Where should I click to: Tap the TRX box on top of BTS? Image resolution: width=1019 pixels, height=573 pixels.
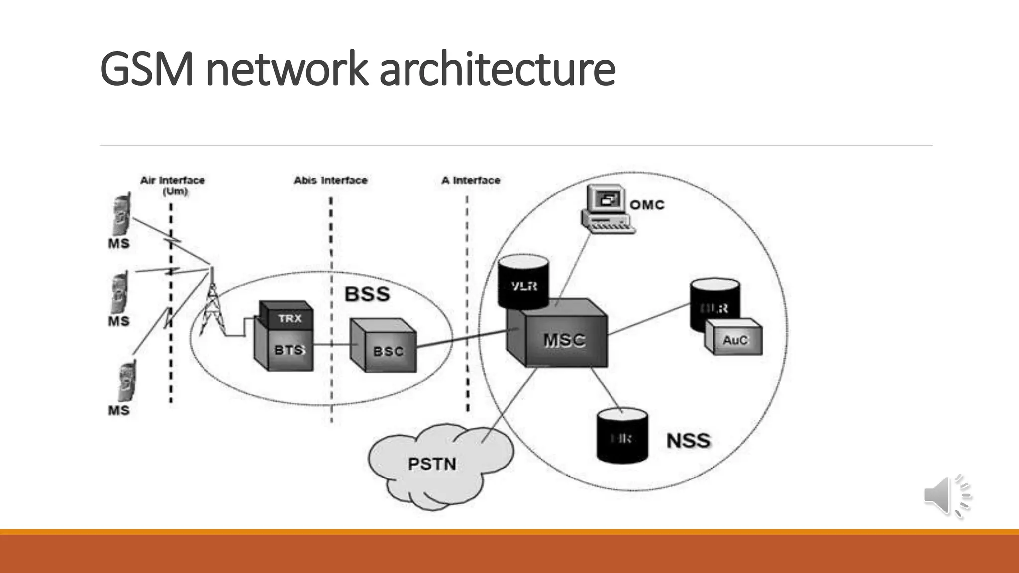(x=288, y=317)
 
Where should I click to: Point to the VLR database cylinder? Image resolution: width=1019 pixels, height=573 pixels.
(x=523, y=282)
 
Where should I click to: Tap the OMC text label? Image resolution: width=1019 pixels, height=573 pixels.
(x=647, y=205)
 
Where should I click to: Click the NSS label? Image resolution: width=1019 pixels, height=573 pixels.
(x=688, y=441)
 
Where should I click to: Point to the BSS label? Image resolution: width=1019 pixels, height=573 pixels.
(x=367, y=294)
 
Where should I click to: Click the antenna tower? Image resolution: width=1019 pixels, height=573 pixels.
(x=212, y=303)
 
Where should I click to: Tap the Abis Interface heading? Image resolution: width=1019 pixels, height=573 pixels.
(x=330, y=180)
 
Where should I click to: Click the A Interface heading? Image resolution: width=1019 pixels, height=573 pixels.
(x=471, y=180)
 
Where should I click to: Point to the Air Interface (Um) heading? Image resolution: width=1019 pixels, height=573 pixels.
(x=173, y=185)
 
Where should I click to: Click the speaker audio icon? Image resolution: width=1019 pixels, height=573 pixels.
(x=946, y=495)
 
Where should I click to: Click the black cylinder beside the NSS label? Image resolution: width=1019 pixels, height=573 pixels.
(x=622, y=436)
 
